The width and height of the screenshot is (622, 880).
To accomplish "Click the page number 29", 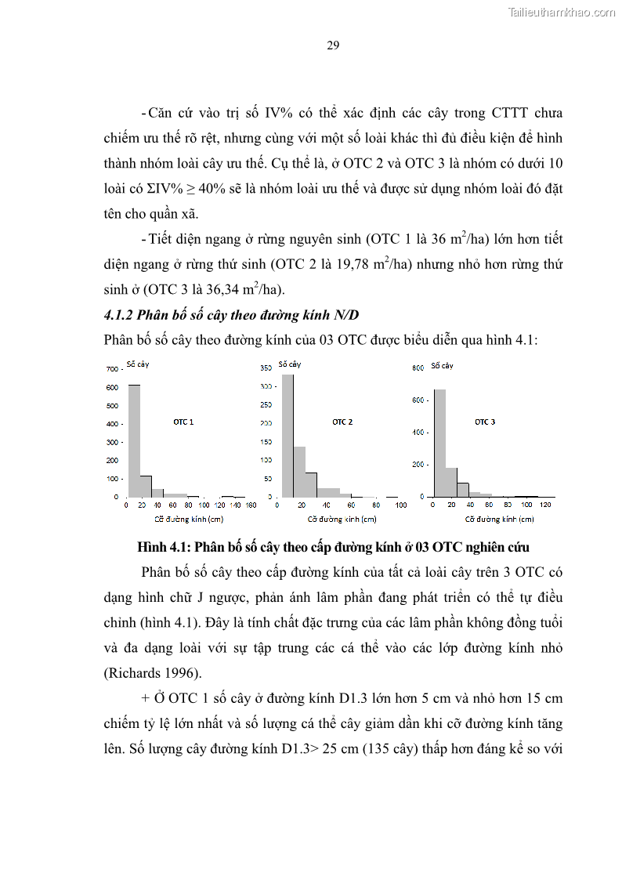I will click(x=333, y=45).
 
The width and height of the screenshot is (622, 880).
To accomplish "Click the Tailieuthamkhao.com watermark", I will click(x=562, y=13).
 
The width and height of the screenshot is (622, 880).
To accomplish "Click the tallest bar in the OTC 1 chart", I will click(x=134, y=440).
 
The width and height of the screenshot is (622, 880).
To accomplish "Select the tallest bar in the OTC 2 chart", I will click(x=287, y=436).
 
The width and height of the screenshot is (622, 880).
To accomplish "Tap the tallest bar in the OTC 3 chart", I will click(x=439, y=443).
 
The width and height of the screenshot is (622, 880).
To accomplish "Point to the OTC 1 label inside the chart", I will click(x=183, y=422).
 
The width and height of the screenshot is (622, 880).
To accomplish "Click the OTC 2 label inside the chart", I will click(x=342, y=422).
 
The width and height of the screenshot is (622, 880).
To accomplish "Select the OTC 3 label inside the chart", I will click(x=485, y=422).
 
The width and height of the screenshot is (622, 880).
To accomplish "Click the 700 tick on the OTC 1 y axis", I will click(x=111, y=368).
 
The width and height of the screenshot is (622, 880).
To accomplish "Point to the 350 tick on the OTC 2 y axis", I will click(x=265, y=368).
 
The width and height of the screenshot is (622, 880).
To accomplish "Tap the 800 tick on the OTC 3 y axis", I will click(x=418, y=368).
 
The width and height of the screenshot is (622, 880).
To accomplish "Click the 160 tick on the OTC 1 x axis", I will click(x=251, y=505).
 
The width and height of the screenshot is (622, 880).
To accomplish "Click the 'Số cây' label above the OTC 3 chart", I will click(x=442, y=365).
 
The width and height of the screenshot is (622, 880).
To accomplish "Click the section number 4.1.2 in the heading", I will click(x=118, y=316).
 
